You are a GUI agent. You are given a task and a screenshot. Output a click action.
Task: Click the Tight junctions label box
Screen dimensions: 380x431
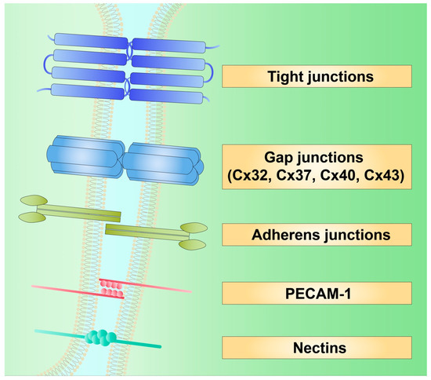pyautogui.click(x=317, y=77)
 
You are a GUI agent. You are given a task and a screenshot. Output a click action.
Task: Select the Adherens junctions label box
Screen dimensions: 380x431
pyautogui.click(x=317, y=234)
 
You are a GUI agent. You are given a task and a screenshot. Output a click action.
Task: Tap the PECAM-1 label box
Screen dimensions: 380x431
pyautogui.click(x=317, y=293)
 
